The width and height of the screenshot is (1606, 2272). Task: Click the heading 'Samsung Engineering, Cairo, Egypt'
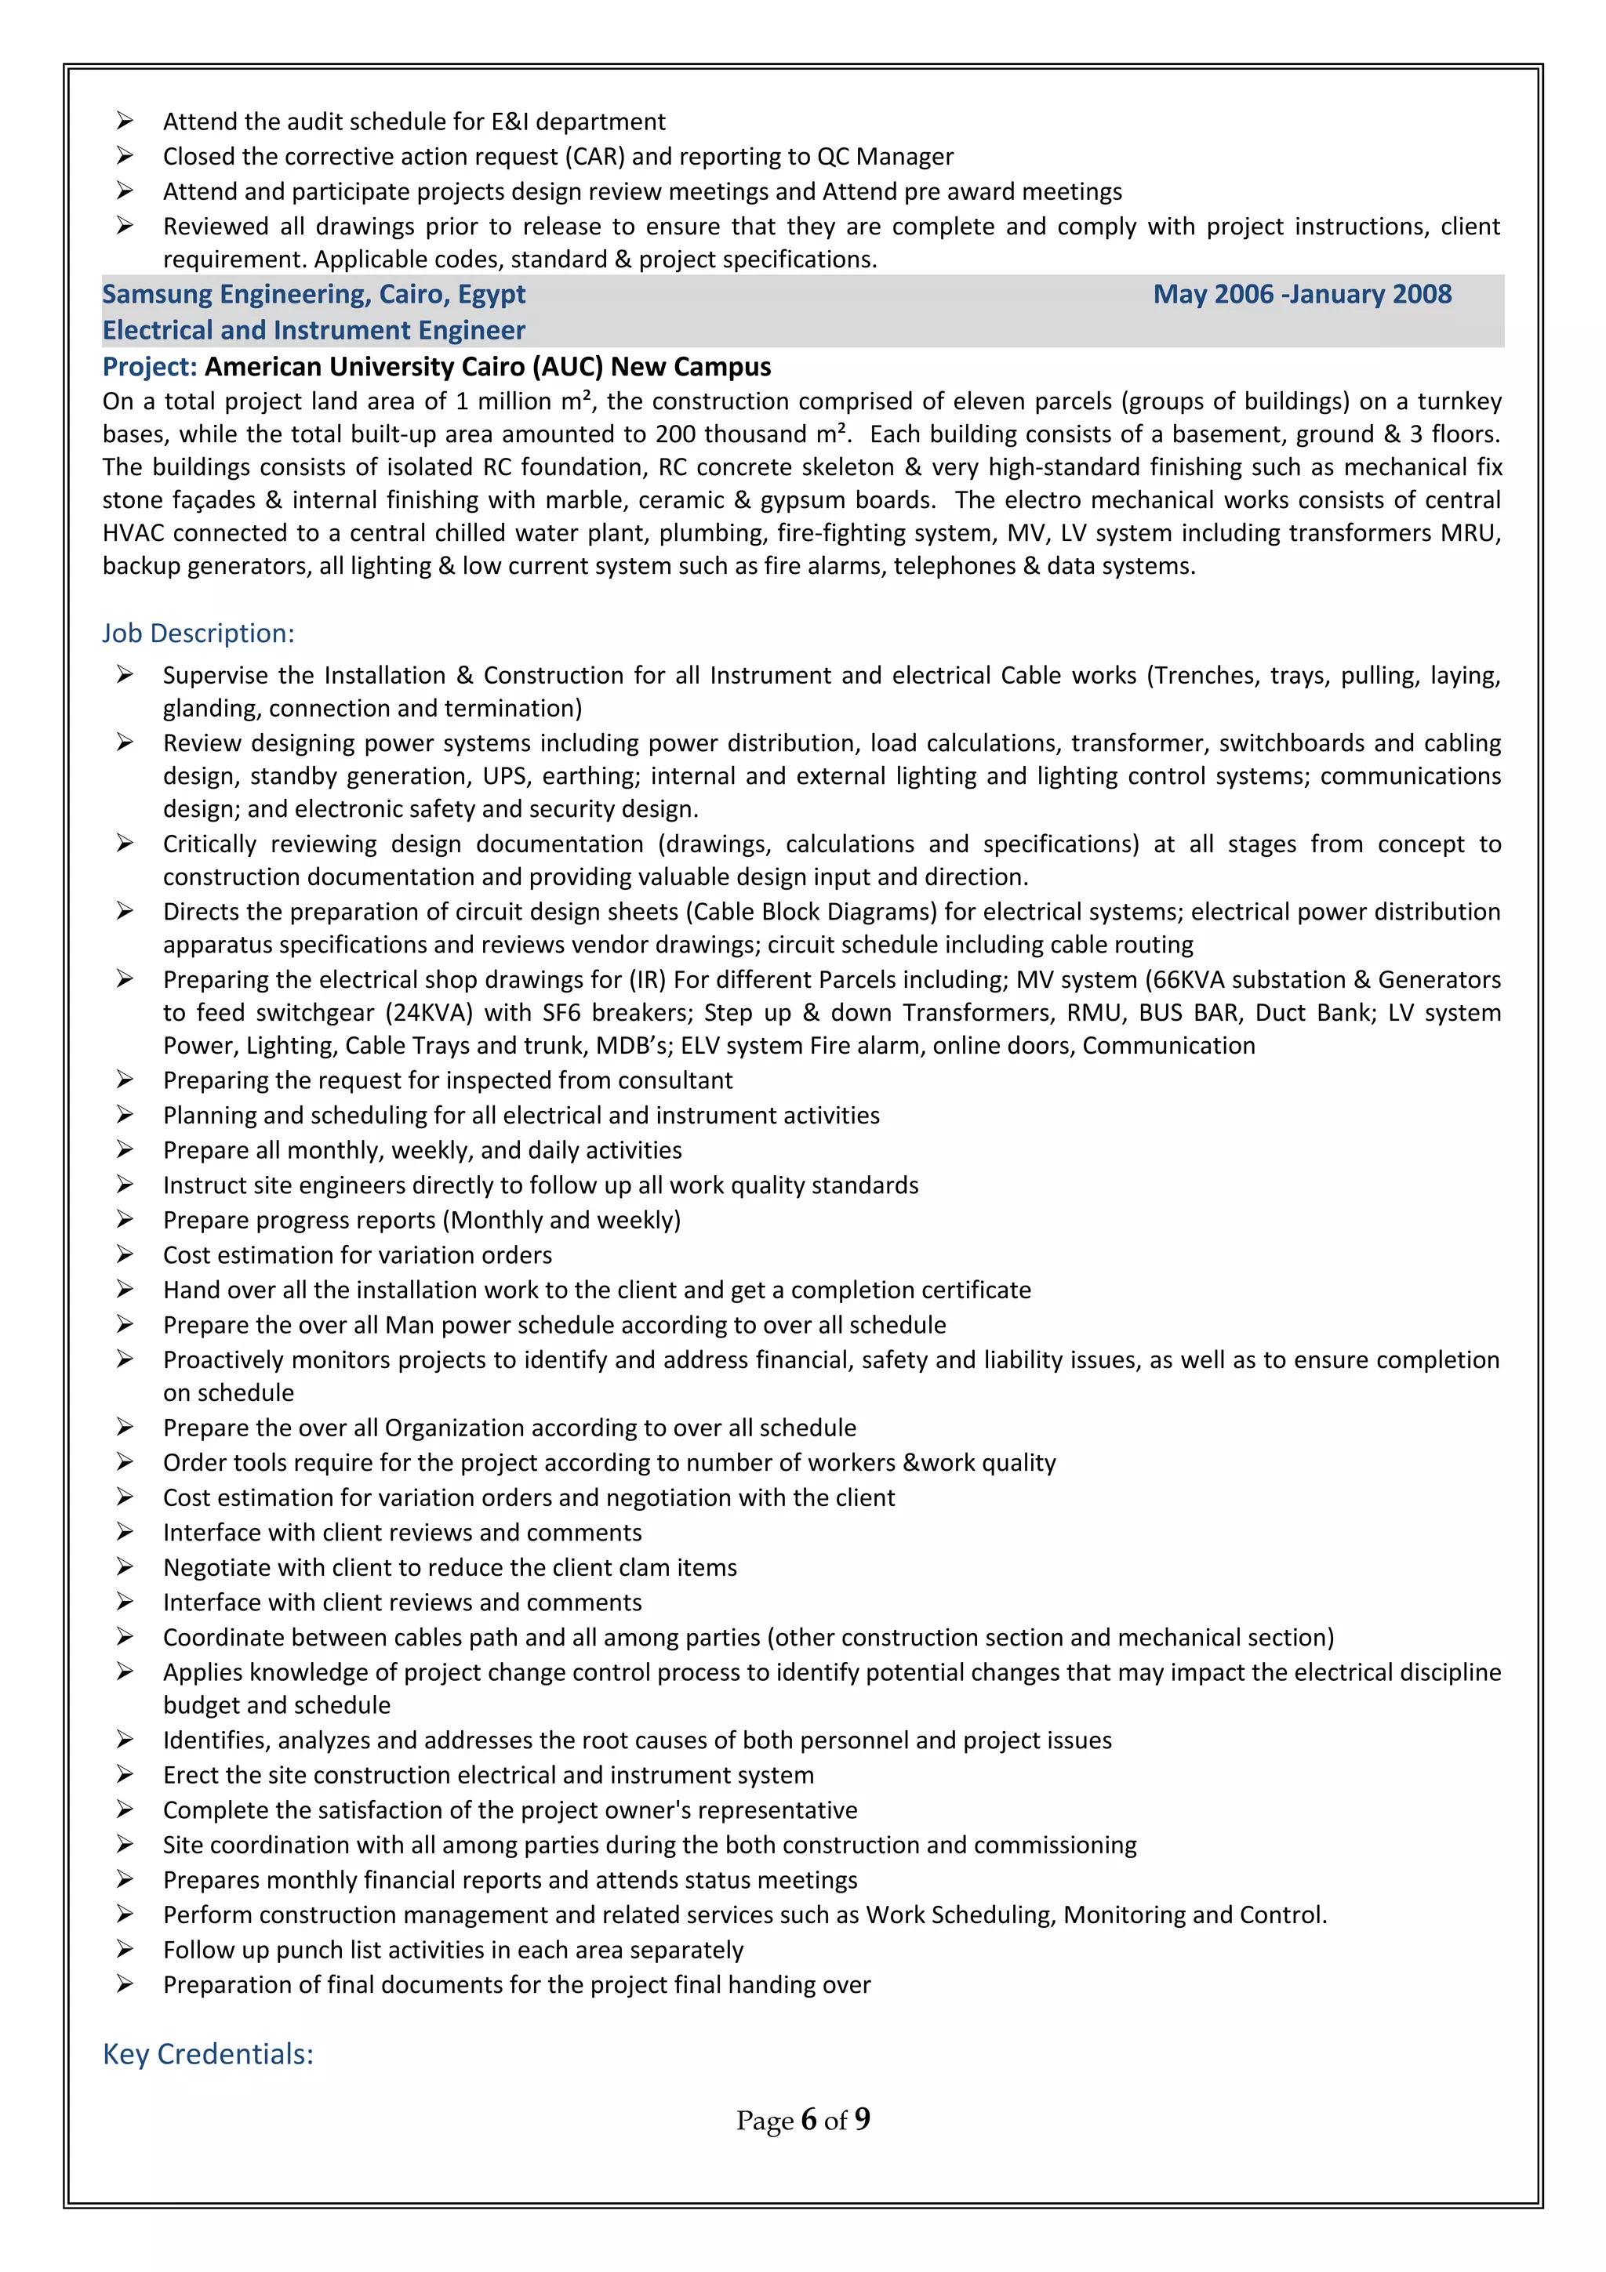314,294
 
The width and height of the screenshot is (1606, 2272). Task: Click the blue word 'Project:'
151,366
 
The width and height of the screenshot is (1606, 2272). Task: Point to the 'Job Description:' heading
198,633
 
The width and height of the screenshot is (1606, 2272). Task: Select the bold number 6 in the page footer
808,2120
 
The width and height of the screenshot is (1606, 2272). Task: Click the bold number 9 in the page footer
862,2120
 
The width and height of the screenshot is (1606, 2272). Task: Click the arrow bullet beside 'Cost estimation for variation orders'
125,1254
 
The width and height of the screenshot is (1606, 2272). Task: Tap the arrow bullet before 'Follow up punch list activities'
125,1950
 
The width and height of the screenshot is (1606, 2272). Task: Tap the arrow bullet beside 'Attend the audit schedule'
125,121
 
